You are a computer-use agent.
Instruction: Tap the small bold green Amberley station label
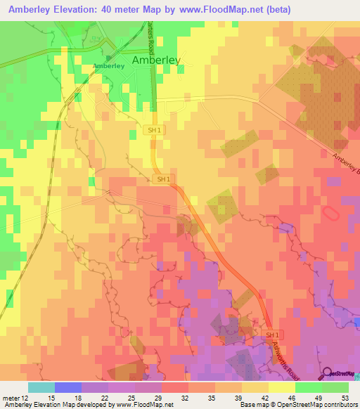pyautogui.click(x=108, y=66)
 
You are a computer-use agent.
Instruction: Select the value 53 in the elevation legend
pyautogui.click(x=345, y=398)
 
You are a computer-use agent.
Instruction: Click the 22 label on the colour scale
pyautogui.click(x=105, y=398)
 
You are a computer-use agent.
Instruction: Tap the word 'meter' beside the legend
pyautogui.click(x=11, y=398)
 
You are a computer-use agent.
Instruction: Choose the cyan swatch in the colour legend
pyautogui.click(x=41, y=387)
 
